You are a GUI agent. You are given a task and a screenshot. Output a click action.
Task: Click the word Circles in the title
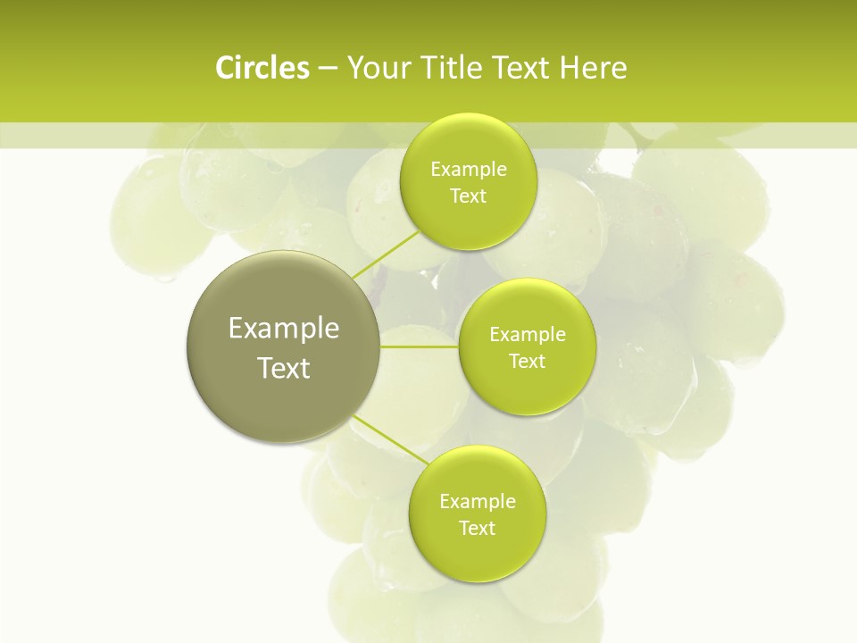pyautogui.click(x=262, y=68)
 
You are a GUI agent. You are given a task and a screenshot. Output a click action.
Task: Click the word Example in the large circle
pyautogui.click(x=284, y=329)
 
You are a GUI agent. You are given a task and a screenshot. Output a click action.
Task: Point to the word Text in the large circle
pyautogui.click(x=284, y=368)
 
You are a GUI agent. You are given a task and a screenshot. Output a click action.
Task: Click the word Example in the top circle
pyautogui.click(x=469, y=170)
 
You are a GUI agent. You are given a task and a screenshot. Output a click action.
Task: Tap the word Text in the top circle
pyautogui.click(x=468, y=196)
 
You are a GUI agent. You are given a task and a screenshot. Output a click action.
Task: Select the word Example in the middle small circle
pyautogui.click(x=528, y=335)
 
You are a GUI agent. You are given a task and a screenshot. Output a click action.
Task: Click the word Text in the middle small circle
pyautogui.click(x=527, y=361)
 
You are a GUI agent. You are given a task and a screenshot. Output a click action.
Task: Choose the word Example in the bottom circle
pyautogui.click(x=478, y=501)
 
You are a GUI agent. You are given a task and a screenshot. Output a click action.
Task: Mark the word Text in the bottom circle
pyautogui.click(x=477, y=528)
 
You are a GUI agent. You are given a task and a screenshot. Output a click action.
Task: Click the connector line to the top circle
pyautogui.click(x=386, y=255)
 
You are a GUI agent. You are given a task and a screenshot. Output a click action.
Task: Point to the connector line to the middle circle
pyautogui.click(x=420, y=346)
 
